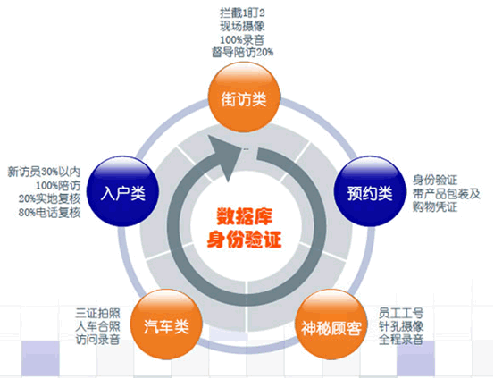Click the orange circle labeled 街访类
pyautogui.click(x=244, y=97)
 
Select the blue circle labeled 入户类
pyautogui.click(x=122, y=191)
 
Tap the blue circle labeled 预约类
pyautogui.click(x=370, y=191)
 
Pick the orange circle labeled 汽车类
pyautogui.click(x=166, y=324)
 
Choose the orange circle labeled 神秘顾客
pyautogui.click(x=331, y=324)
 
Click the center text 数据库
pyautogui.click(x=244, y=216)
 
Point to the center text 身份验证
pyautogui.click(x=244, y=239)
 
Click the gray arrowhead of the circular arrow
pyautogui.click(x=224, y=157)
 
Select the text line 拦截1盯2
pyautogui.click(x=242, y=13)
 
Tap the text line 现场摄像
pyautogui.click(x=242, y=27)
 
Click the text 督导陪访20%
pyautogui.click(x=242, y=53)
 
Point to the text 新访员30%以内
pyautogui.click(x=44, y=173)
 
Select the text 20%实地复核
pyautogui.click(x=49, y=199)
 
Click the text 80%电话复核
pyautogui.click(x=49, y=213)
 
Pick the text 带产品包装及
pyautogui.click(x=446, y=194)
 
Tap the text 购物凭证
pyautogui.click(x=435, y=207)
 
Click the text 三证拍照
pyautogui.click(x=97, y=313)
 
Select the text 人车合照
pyautogui.click(x=97, y=326)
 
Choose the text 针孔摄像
pyautogui.click(x=401, y=326)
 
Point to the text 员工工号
pyautogui.click(x=401, y=313)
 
